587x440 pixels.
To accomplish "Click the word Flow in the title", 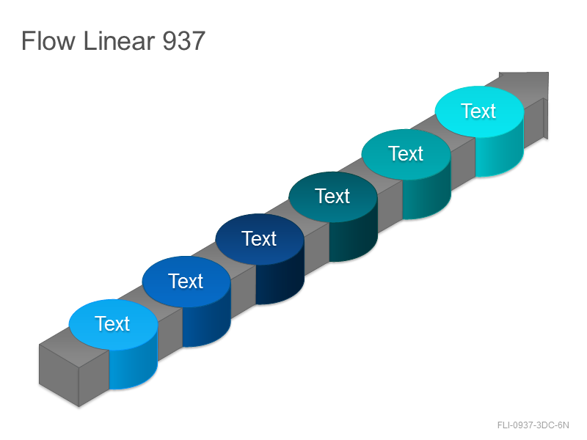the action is (x=48, y=40).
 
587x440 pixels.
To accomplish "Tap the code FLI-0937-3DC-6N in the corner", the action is (x=533, y=425).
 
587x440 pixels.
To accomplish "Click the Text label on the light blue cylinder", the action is (x=112, y=323).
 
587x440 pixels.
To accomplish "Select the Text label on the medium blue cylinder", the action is (x=186, y=281).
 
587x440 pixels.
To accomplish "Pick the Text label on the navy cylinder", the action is (x=259, y=239).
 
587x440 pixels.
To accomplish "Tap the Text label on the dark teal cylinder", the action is (x=332, y=196).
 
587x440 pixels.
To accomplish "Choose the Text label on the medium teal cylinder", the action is (x=406, y=153).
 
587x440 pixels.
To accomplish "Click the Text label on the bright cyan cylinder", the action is (x=479, y=111).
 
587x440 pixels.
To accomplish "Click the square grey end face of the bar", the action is (x=59, y=375).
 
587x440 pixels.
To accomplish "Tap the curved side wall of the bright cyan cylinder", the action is (x=499, y=153).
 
